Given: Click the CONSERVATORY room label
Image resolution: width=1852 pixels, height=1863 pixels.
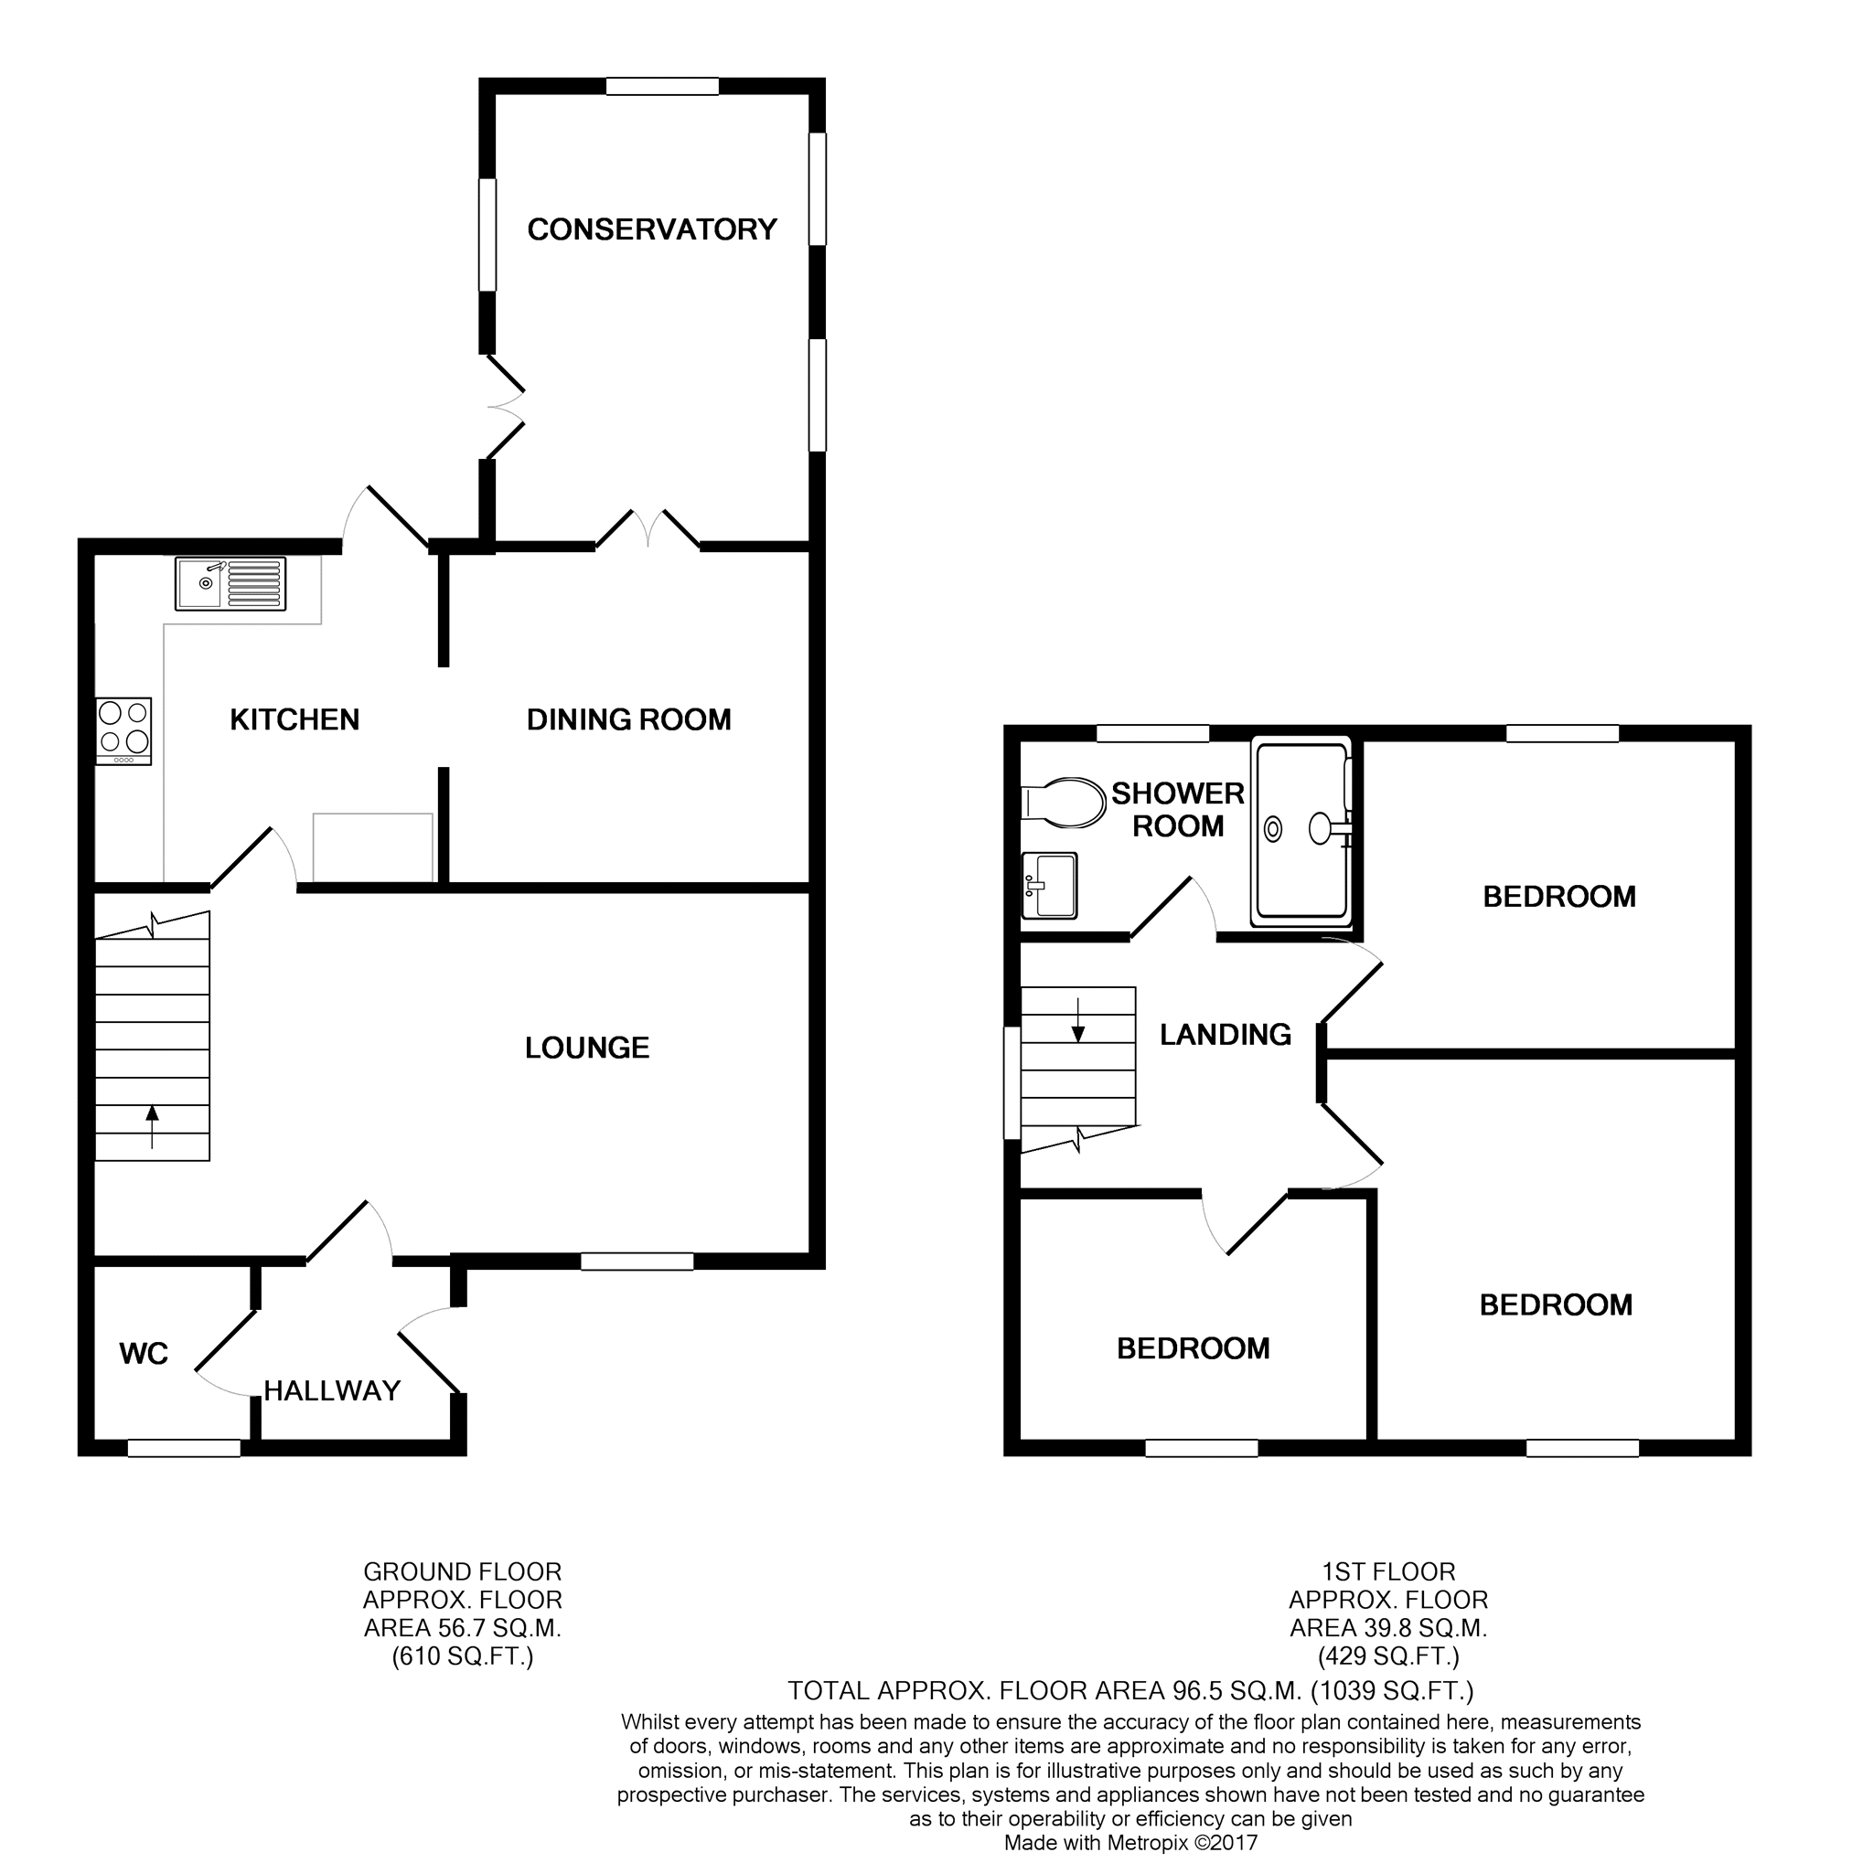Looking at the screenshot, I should click(x=652, y=229).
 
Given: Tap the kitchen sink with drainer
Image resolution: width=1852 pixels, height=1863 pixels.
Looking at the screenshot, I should click(x=230, y=583).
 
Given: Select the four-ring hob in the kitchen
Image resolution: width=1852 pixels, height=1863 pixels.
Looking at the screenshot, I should click(x=123, y=731).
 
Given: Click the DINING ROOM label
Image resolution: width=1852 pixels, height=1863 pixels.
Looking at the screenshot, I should click(x=629, y=719).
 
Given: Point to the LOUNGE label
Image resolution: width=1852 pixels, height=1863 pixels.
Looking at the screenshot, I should click(x=586, y=1049).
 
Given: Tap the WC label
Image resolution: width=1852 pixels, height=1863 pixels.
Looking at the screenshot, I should click(x=144, y=1354).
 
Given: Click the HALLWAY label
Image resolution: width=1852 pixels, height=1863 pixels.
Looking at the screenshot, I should click(x=332, y=1390).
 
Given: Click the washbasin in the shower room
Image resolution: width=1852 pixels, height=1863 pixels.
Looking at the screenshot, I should click(x=1050, y=885).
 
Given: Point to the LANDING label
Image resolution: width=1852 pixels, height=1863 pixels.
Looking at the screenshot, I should click(x=1225, y=1035).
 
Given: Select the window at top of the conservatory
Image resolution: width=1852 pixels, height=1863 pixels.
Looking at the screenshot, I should click(x=662, y=87).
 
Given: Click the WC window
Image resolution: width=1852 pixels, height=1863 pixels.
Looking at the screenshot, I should click(x=183, y=1447).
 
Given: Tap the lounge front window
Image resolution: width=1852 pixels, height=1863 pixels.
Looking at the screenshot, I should click(x=637, y=1262).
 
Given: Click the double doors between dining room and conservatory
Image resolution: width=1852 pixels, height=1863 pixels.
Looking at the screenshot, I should click(x=648, y=530).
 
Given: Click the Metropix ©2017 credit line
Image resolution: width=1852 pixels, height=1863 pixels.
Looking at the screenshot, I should click(x=1130, y=1843).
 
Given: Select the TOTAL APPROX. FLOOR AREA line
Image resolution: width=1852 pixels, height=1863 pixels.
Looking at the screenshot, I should click(x=1129, y=1690).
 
